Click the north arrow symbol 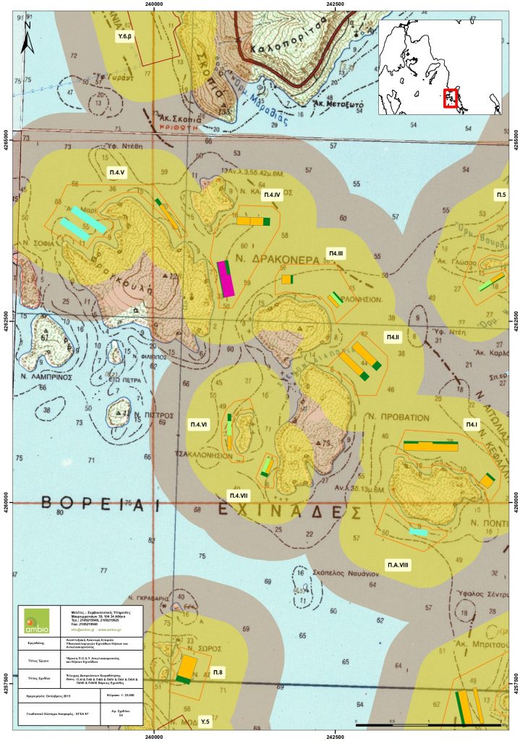pyautogui.click(x=27, y=36)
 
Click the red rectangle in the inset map pyautogui.click(x=450, y=98)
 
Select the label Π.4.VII pyautogui.click(x=238, y=494)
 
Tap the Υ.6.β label pyautogui.click(x=125, y=35)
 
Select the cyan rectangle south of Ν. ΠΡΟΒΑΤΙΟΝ pyautogui.click(x=418, y=532)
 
